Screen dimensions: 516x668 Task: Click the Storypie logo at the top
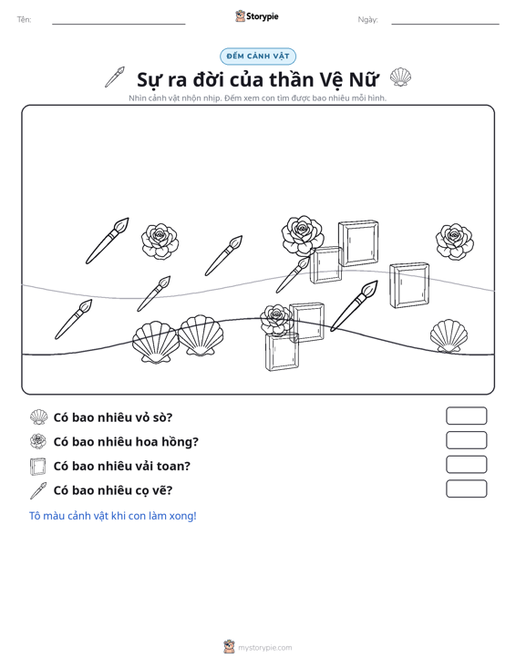pyautogui.click(x=257, y=16)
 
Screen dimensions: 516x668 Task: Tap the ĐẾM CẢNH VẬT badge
pyautogui.click(x=258, y=57)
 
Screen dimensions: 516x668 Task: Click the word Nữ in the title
pyautogui.click(x=364, y=79)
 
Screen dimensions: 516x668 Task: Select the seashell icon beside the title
pyautogui.click(x=400, y=77)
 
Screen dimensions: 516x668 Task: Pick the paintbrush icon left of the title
pyautogui.click(x=115, y=77)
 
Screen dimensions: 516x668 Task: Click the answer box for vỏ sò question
pyautogui.click(x=466, y=416)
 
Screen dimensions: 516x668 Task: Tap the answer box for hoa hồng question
pyautogui.click(x=466, y=440)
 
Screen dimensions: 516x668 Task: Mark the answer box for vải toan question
pyautogui.click(x=466, y=465)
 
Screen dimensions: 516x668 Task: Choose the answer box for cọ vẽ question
pyautogui.click(x=466, y=488)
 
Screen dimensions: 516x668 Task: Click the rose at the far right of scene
pyautogui.click(x=454, y=242)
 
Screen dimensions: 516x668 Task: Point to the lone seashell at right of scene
pyautogui.click(x=449, y=336)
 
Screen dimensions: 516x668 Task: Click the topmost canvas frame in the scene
pyautogui.click(x=358, y=243)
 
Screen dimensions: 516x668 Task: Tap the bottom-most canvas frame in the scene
pyautogui.click(x=282, y=352)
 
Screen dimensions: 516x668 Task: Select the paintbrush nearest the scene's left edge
pyautogui.click(x=73, y=319)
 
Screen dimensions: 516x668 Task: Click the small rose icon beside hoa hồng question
pyautogui.click(x=38, y=441)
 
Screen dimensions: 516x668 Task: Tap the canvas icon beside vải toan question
pyautogui.click(x=38, y=466)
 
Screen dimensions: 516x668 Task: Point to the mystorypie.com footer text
pyautogui.click(x=265, y=648)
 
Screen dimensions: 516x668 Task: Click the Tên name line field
pyautogui.click(x=119, y=24)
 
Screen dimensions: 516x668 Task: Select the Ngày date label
pyautogui.click(x=367, y=20)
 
